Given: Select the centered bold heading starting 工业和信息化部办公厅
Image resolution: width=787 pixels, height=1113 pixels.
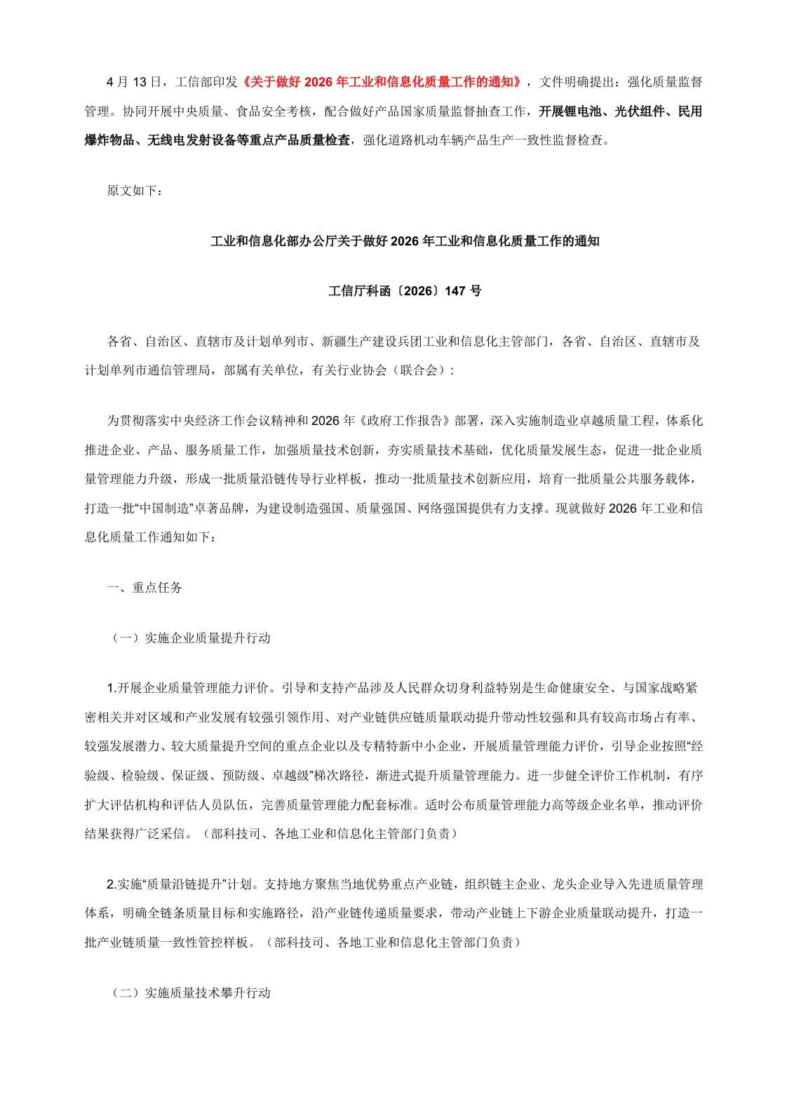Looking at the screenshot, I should point(405,241).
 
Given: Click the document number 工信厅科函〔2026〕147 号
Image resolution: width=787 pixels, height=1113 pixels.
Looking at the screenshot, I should point(405,291).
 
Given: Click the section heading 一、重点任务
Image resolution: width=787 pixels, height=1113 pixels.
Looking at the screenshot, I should point(144,588).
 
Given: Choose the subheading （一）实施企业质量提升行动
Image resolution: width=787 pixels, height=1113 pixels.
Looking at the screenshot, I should point(190,638).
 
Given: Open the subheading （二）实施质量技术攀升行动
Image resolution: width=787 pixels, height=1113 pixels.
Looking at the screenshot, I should point(190,993).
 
